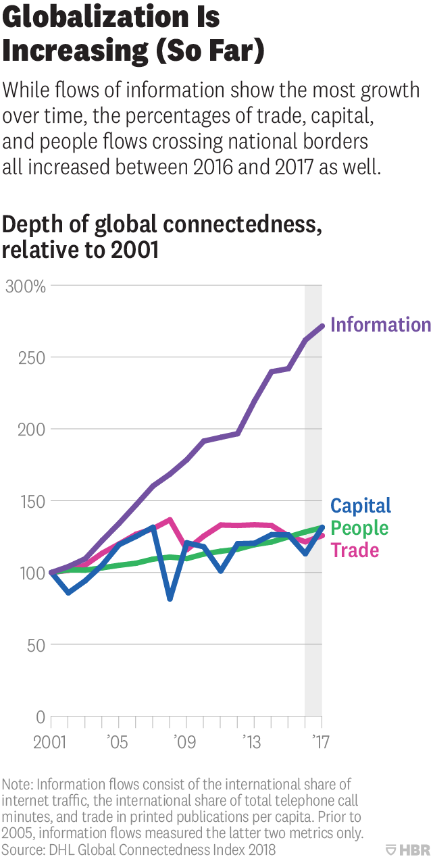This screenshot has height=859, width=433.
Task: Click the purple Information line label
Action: click(380, 325)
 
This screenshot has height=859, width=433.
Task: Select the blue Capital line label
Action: click(361, 506)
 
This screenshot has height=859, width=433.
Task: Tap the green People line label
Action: click(359, 528)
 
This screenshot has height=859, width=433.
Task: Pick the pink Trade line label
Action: click(355, 550)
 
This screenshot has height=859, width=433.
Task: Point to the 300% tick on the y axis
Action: click(25, 286)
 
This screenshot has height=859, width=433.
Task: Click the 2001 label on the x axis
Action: click(50, 743)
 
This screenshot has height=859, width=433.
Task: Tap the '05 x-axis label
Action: click(118, 743)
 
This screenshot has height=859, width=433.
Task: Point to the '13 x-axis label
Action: click(253, 743)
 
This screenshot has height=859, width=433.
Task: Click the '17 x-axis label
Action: click(318, 743)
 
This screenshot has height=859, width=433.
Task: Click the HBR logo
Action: click(408, 849)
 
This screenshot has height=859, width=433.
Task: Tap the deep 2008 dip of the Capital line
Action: click(170, 598)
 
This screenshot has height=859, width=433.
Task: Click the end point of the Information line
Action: click(322, 326)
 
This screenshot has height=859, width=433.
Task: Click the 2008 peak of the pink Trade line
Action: click(170, 520)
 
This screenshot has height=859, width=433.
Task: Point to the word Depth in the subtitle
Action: click(29, 225)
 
